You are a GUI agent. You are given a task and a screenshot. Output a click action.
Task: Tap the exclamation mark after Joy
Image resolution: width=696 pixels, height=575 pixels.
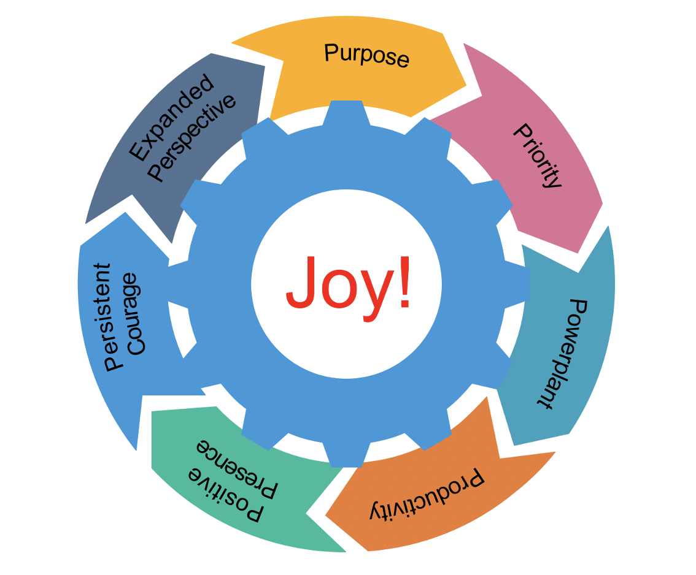click(402, 282)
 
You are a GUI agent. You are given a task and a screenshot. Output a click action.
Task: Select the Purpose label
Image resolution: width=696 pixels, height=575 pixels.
click(366, 55)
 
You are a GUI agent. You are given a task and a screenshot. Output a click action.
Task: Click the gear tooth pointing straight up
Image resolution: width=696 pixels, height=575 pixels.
click(347, 113)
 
